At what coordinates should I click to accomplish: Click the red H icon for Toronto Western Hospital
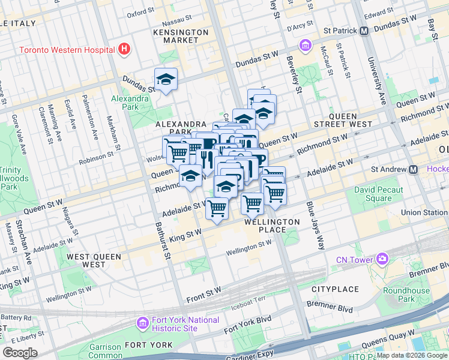point(124,49)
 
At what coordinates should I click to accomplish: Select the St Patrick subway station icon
point(364,31)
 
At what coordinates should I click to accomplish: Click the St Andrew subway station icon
point(414,170)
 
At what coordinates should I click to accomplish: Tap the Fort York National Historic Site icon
point(142,324)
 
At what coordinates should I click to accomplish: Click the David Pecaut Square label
point(381,194)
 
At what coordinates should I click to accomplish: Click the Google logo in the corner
point(20,353)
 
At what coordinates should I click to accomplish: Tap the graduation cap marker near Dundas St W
point(166,79)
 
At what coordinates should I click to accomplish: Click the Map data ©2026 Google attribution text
point(411,355)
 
